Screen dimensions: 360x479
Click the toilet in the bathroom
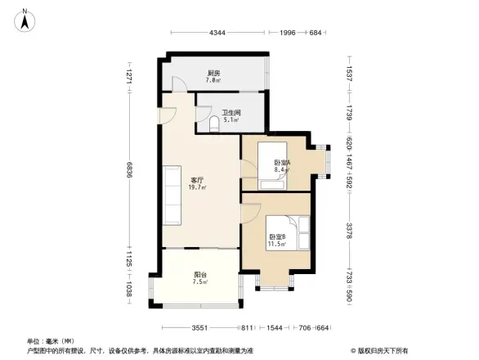(x=215, y=124)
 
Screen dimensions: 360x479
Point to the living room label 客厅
(x=198, y=180)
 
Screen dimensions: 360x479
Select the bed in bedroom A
(x=271, y=168)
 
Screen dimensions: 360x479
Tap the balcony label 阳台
(x=199, y=275)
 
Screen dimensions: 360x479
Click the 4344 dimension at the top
(x=217, y=33)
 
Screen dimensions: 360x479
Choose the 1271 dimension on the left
(x=129, y=78)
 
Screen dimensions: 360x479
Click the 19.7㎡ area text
(x=198, y=187)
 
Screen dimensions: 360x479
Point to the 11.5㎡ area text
(x=276, y=245)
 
